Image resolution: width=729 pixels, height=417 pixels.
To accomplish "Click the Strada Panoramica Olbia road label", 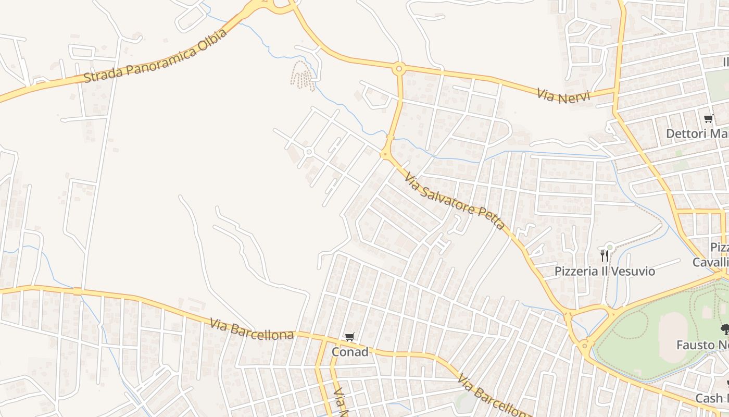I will (155, 56).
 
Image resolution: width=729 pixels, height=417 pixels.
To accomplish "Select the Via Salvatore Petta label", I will (455, 202).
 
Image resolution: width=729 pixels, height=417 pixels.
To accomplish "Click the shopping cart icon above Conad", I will (349, 338).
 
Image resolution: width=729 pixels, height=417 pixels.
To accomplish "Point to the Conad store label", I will (350, 352).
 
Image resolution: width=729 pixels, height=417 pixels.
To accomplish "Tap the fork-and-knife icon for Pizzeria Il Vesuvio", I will (604, 255).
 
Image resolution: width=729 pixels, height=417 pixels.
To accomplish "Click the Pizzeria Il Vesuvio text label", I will (605, 271).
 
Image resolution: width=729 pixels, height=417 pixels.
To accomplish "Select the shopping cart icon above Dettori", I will (708, 119).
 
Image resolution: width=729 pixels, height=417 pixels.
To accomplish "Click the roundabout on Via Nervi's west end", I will (399, 68).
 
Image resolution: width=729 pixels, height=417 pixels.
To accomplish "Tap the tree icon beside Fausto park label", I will (724, 329).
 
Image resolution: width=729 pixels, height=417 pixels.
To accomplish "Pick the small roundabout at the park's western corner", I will (586, 345).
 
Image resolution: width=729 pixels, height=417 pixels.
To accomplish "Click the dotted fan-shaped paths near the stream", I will (303, 76).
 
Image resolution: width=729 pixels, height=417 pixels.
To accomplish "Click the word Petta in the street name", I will (492, 218).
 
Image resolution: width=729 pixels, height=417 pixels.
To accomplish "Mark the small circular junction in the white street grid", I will (309, 152).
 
